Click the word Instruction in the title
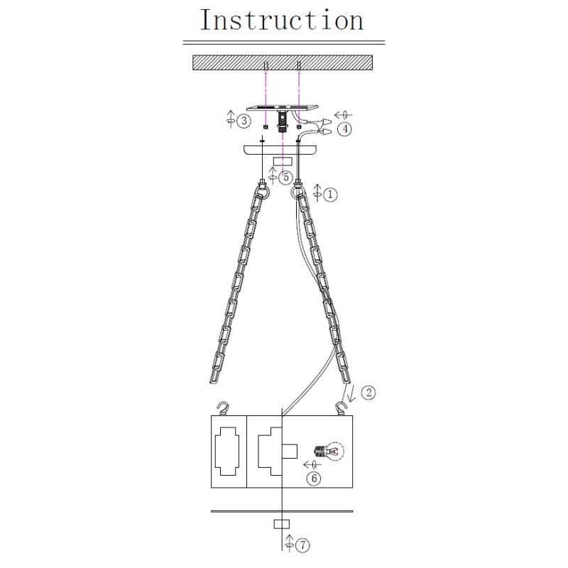point(281,20)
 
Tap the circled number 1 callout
point(330,195)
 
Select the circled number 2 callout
point(368,393)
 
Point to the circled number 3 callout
point(244,121)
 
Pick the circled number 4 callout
point(344,129)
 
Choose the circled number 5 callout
point(286,177)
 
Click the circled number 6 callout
point(314,478)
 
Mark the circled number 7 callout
point(302,545)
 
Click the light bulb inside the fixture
point(329,452)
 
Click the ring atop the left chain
point(262,192)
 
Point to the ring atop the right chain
point(298,192)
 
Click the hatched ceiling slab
point(283,62)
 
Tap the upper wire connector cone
point(327,121)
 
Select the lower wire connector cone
point(326,132)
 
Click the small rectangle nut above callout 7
point(281,524)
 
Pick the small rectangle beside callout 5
point(283,162)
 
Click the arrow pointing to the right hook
point(351,394)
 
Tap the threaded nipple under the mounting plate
point(282,121)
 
